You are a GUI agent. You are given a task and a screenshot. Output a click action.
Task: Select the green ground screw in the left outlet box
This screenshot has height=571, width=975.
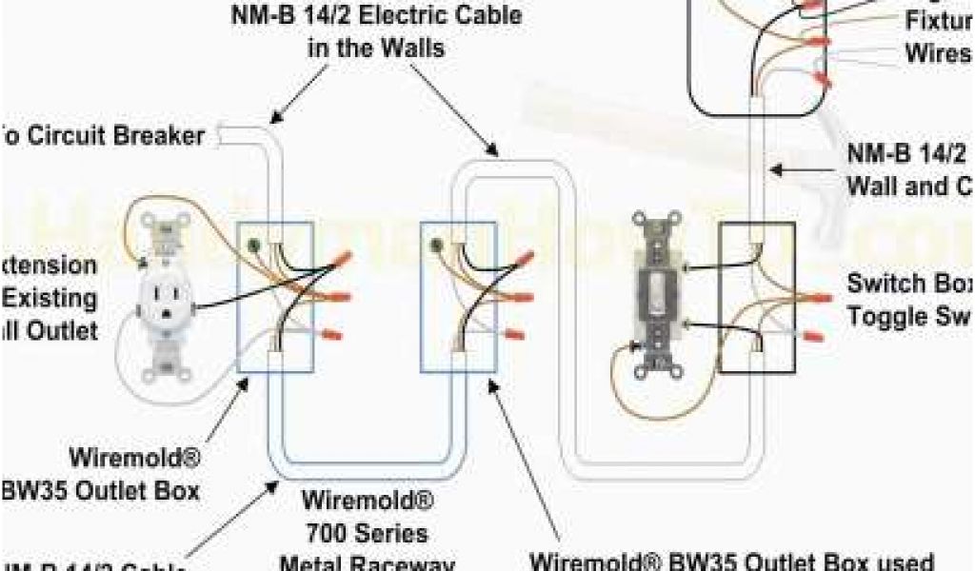tap(252, 246)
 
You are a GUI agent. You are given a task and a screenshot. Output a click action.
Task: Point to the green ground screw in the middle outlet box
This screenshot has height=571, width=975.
tap(437, 246)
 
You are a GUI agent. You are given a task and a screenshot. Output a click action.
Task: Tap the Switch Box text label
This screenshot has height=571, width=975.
tap(909, 284)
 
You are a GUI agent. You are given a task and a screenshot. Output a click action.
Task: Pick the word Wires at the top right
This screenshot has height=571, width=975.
tap(939, 54)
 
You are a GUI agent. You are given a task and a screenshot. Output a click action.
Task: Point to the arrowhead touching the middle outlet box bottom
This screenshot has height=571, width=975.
tap(492, 385)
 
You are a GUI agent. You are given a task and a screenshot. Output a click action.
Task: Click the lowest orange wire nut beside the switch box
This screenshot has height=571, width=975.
tap(814, 335)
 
